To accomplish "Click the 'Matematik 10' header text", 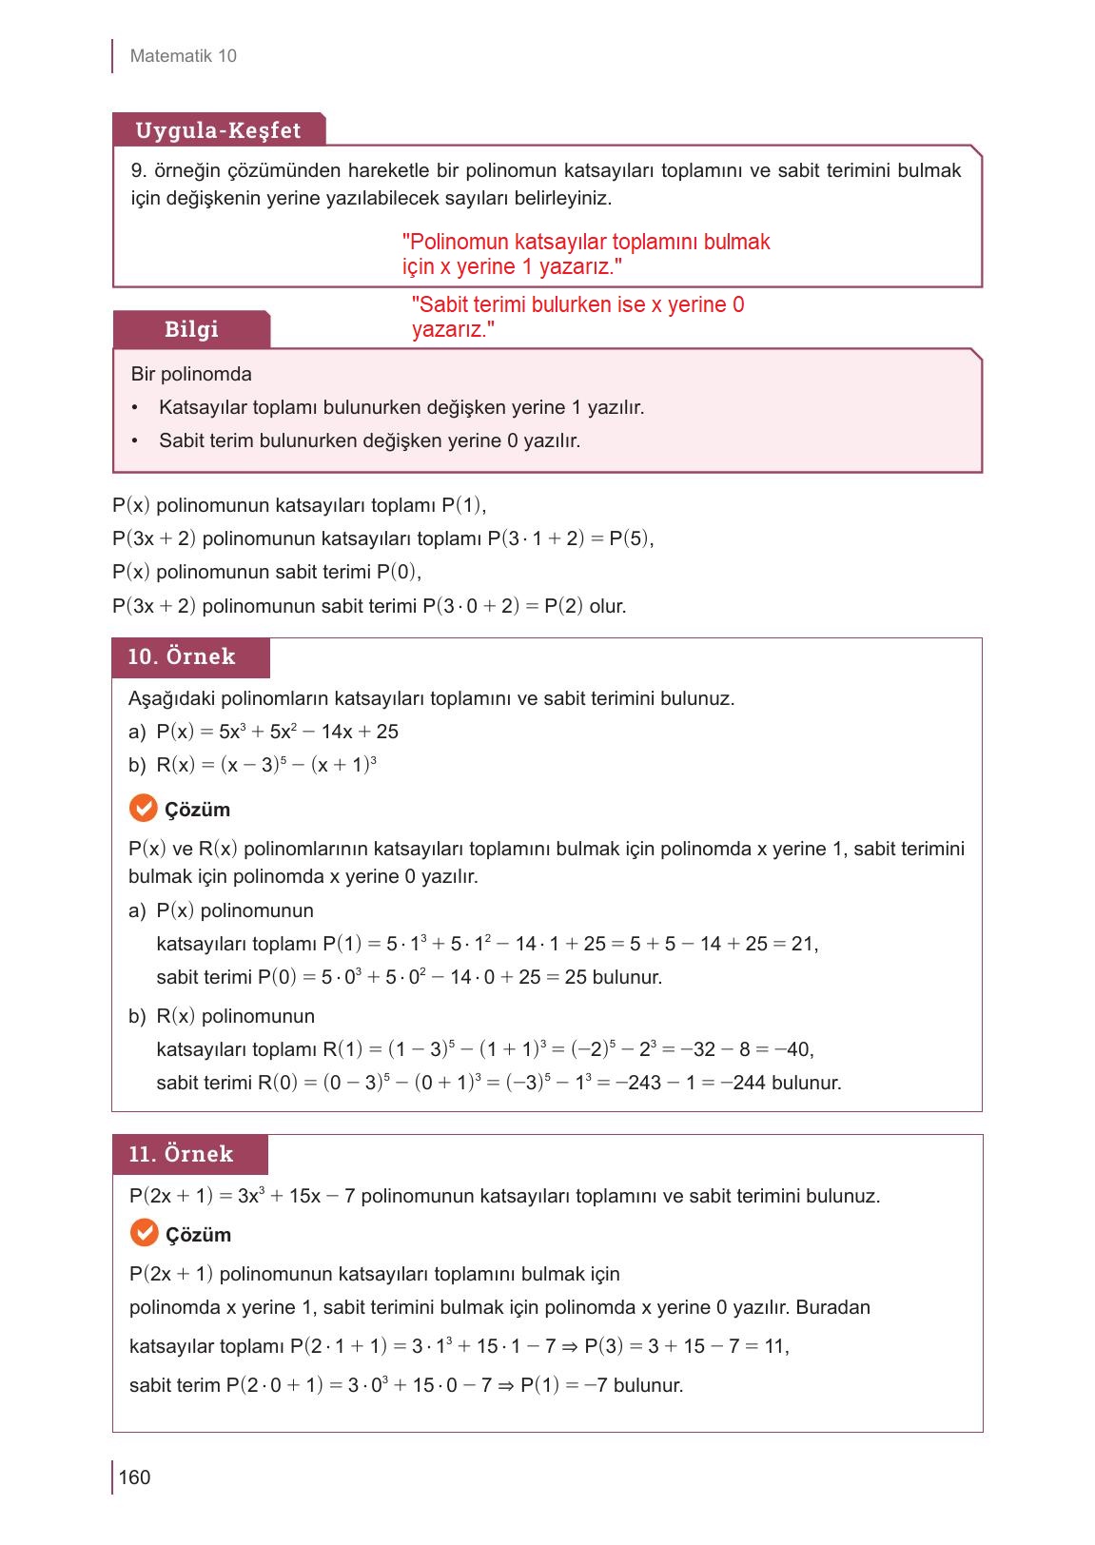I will click(x=183, y=56).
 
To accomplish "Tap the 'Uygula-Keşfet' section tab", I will click(x=218, y=130).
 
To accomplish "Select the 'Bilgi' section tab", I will click(x=191, y=329).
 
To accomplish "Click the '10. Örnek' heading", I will click(x=182, y=657).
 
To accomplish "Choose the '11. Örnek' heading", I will click(x=181, y=1154).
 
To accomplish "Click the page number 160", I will click(x=135, y=1477).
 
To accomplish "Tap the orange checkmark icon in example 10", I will click(x=143, y=809).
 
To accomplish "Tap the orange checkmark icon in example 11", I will click(x=144, y=1234).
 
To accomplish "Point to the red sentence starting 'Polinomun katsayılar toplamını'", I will click(x=586, y=254).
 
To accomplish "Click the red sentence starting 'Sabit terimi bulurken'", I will click(x=577, y=317).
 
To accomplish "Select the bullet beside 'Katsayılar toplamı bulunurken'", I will click(x=136, y=408).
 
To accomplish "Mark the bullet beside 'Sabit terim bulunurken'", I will click(x=136, y=441).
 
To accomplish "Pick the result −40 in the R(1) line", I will click(x=792, y=1049).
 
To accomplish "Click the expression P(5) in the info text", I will click(x=630, y=538).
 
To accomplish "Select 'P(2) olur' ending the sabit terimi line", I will click(x=584, y=606).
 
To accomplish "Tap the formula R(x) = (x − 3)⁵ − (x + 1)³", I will click(x=266, y=765).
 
